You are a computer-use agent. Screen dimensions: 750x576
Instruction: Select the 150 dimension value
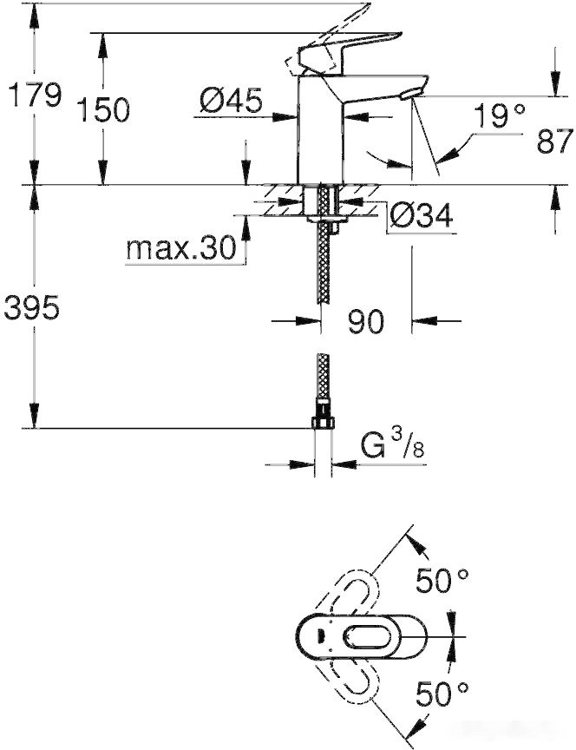point(103,110)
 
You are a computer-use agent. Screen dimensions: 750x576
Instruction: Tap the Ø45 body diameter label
point(230,102)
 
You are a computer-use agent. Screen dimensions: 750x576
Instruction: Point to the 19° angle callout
point(500,116)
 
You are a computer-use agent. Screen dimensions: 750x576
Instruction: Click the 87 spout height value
point(554,141)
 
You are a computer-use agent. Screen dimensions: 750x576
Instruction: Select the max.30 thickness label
point(180,249)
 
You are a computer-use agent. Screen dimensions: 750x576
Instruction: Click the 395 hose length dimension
point(32,307)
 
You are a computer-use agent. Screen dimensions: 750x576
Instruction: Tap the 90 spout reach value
point(365,322)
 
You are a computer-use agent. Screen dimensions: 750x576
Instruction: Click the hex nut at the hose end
point(322,423)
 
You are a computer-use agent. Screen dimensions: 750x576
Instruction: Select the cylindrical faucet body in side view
point(320,130)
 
